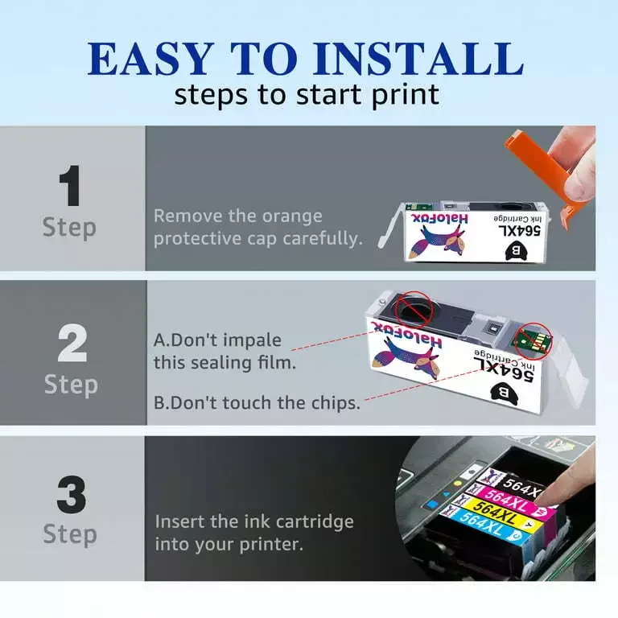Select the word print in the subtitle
[x=402, y=94]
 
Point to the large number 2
[x=71, y=344]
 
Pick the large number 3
[x=71, y=496]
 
